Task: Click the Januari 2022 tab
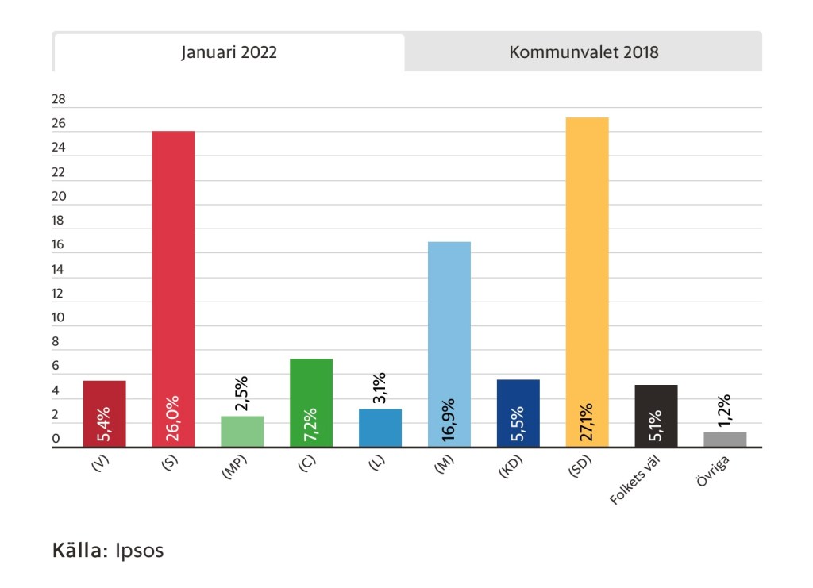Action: (x=229, y=53)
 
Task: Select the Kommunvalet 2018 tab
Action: (x=584, y=53)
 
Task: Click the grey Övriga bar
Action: (x=724, y=440)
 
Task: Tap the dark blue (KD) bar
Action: (x=518, y=413)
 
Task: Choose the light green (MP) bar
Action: (x=242, y=432)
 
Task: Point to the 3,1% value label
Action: (x=380, y=388)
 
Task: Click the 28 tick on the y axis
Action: (x=58, y=100)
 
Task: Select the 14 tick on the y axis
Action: (x=58, y=270)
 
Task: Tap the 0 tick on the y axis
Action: (x=56, y=440)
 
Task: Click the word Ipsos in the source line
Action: (x=140, y=550)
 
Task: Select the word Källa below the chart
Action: (x=79, y=550)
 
